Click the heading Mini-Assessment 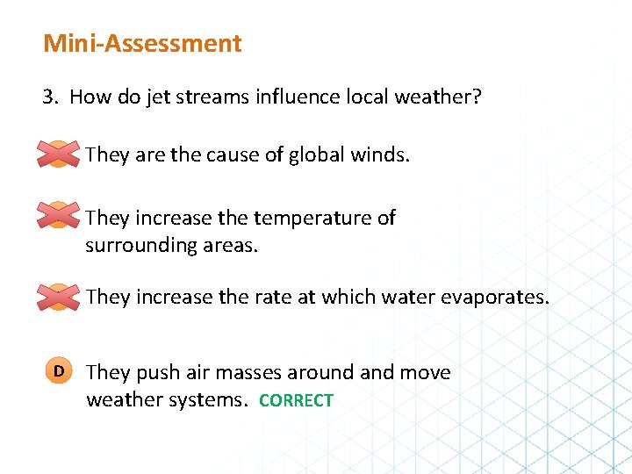(x=142, y=43)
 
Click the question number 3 (x=49, y=96)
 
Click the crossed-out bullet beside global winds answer (x=58, y=154)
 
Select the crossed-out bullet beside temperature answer (x=58, y=216)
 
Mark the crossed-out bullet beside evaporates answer (x=58, y=297)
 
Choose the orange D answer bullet (x=58, y=371)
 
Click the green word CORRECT (x=296, y=400)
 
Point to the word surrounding (x=140, y=245)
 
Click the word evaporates (x=493, y=297)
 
